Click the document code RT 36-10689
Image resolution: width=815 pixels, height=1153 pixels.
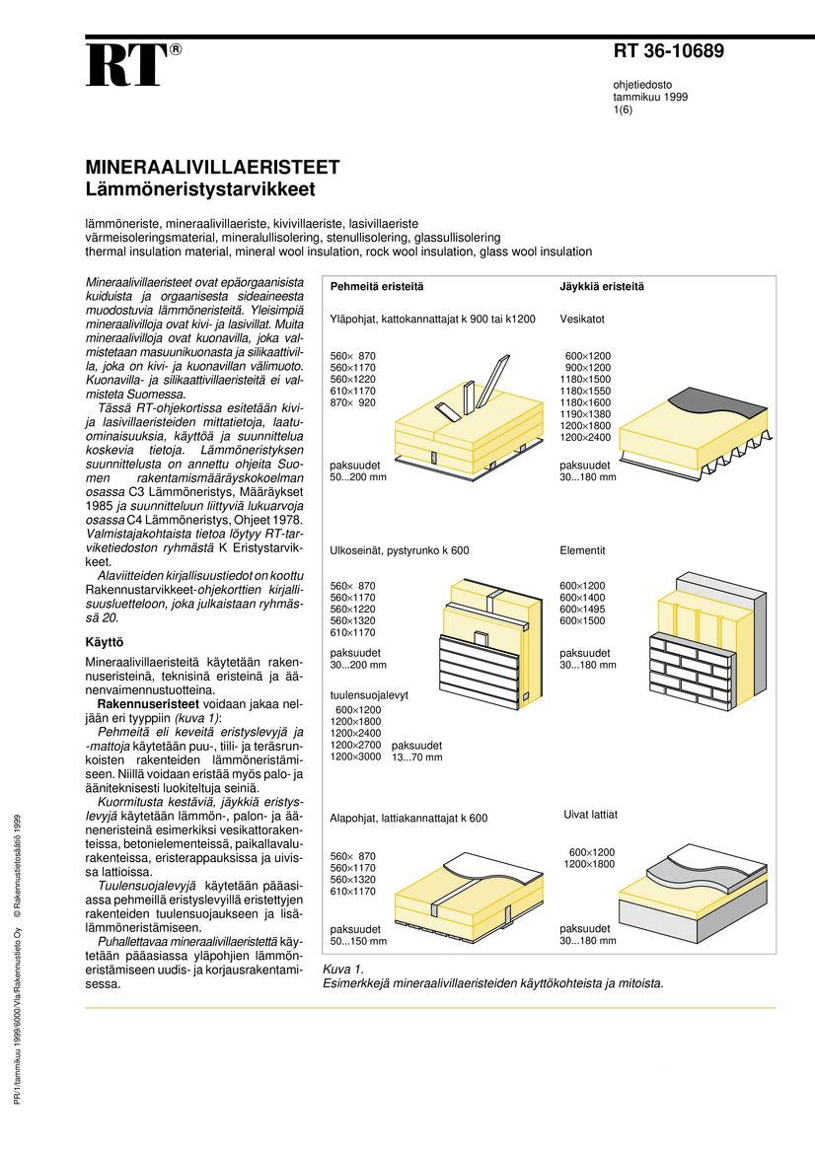coord(669,52)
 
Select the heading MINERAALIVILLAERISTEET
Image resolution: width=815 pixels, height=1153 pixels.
coord(212,167)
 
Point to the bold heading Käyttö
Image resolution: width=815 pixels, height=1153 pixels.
coord(106,643)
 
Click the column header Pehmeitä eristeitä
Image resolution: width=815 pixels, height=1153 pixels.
coord(377,287)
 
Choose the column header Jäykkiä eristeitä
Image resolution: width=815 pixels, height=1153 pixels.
coord(602,287)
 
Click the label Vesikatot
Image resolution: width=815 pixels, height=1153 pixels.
coord(582,320)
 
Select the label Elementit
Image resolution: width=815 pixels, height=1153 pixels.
coord(582,550)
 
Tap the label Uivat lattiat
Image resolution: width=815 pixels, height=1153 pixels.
coord(590,815)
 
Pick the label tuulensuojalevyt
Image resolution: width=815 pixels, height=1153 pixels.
coord(369,695)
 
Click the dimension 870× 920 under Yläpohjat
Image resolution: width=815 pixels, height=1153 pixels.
coord(352,403)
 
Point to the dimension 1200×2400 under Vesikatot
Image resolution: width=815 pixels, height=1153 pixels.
coord(585,437)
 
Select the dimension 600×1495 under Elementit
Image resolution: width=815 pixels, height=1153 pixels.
coord(582,610)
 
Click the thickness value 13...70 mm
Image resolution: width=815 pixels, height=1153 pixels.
coord(417,757)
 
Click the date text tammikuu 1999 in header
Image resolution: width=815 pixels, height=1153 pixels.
coord(650,98)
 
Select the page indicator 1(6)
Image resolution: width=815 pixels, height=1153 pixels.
coord(624,110)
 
